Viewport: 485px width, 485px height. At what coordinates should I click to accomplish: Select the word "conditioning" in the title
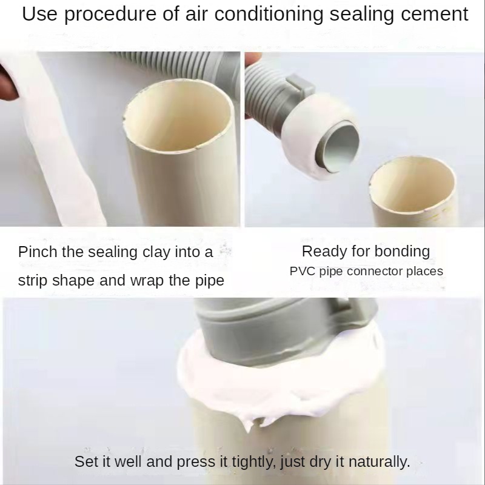click(x=269, y=15)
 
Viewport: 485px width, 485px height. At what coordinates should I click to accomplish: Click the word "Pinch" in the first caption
click(x=38, y=252)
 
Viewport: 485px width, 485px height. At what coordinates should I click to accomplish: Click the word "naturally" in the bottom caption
click(x=380, y=462)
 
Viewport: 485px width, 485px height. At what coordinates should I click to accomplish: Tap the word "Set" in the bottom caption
click(x=84, y=462)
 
